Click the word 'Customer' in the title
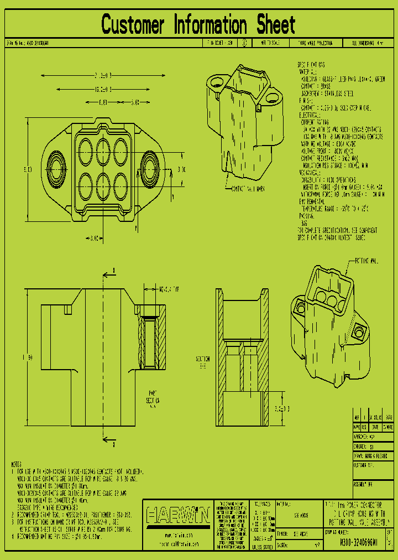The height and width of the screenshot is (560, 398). click(x=133, y=25)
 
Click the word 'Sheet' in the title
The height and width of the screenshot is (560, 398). click(x=275, y=25)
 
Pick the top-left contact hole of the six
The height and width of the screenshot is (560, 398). click(x=86, y=149)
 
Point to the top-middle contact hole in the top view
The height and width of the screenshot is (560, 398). click(x=103, y=149)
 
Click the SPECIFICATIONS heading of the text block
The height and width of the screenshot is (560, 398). click(x=312, y=65)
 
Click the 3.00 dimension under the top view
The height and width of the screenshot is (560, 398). click(x=95, y=238)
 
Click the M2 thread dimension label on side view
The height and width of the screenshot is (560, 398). click(x=168, y=289)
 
